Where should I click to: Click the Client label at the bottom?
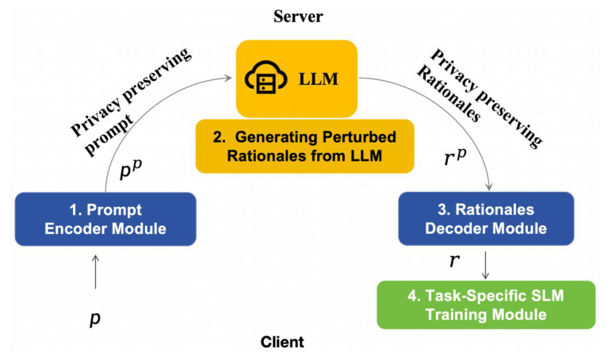pyautogui.click(x=282, y=343)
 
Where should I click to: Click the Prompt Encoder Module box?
pyautogui.click(x=105, y=219)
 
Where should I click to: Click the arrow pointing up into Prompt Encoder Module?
pyautogui.click(x=95, y=271)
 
